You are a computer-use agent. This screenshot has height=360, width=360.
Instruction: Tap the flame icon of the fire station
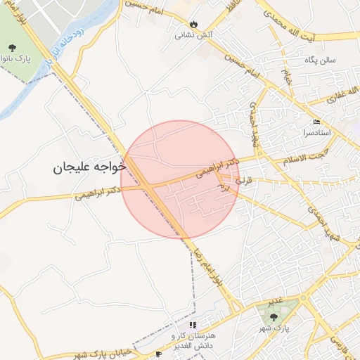(x=184, y=23)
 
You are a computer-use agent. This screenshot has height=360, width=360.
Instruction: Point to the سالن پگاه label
(x=321, y=60)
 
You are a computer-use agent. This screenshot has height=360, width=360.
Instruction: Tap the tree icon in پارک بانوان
(x=13, y=48)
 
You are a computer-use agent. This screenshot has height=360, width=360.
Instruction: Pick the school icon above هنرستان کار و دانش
(x=193, y=325)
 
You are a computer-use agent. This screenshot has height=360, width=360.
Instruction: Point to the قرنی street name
(x=243, y=181)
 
